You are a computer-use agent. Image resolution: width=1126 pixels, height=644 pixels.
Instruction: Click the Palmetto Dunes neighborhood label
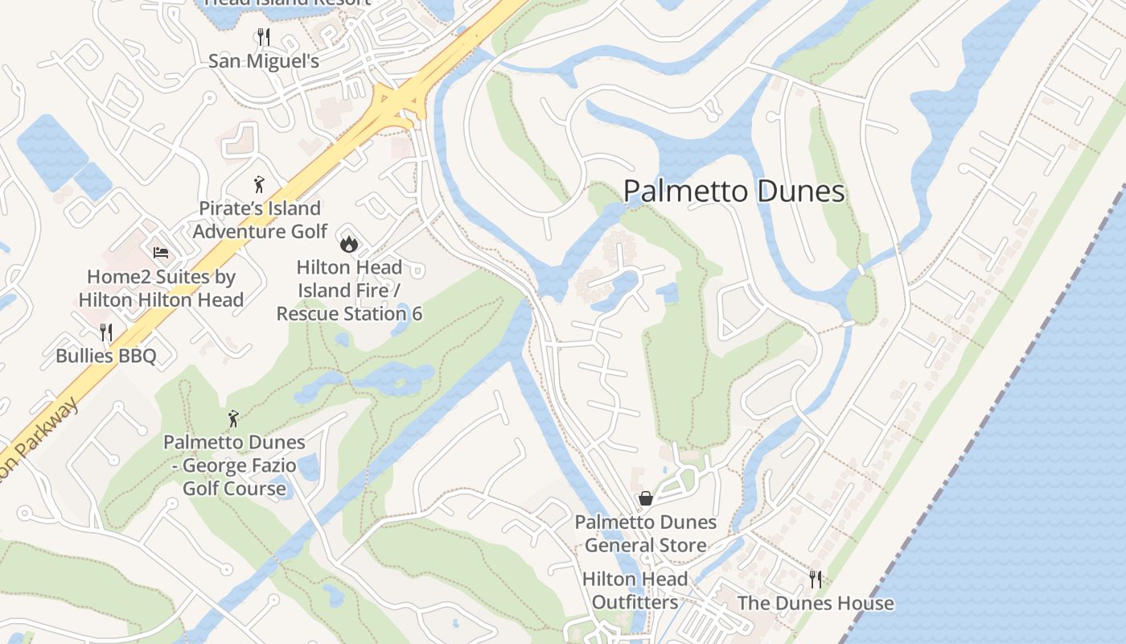click(734, 192)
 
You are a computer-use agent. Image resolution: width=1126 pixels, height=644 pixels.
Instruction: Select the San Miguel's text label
click(264, 61)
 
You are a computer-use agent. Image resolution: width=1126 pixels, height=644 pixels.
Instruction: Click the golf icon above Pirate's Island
click(259, 184)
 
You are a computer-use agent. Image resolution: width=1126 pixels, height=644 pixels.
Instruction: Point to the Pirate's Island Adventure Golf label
click(260, 220)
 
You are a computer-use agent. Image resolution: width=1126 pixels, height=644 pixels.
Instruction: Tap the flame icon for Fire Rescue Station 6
click(348, 242)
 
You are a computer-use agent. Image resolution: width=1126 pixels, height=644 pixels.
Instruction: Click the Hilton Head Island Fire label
click(349, 290)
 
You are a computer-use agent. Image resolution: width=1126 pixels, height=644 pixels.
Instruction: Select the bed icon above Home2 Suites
click(161, 253)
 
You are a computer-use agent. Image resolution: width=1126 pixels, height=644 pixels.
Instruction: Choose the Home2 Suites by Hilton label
click(161, 288)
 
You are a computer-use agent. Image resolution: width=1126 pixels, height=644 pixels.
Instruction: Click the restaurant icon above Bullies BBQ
click(105, 332)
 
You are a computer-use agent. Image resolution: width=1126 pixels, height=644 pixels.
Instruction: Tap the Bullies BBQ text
click(105, 356)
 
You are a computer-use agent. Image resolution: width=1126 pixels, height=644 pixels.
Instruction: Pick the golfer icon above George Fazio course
click(234, 419)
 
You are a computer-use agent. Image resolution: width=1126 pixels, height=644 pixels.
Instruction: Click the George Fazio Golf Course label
click(234, 465)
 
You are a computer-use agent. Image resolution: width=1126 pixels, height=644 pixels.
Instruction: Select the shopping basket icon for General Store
click(645, 498)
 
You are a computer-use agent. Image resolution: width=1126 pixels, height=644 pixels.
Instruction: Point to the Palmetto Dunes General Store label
click(645, 534)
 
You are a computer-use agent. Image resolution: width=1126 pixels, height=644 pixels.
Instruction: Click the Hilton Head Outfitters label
click(635, 590)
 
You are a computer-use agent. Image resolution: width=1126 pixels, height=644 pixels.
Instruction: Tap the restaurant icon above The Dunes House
click(816, 579)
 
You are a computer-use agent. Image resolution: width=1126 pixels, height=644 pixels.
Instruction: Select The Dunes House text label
click(816, 603)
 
